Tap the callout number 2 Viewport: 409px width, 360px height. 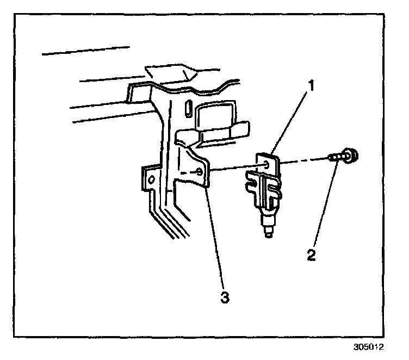(x=312, y=255)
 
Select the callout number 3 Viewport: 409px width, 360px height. (x=224, y=297)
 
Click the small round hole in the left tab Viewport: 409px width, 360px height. (x=152, y=178)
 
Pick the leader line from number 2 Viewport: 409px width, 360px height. (x=325, y=207)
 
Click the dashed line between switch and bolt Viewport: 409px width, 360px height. (x=305, y=160)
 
